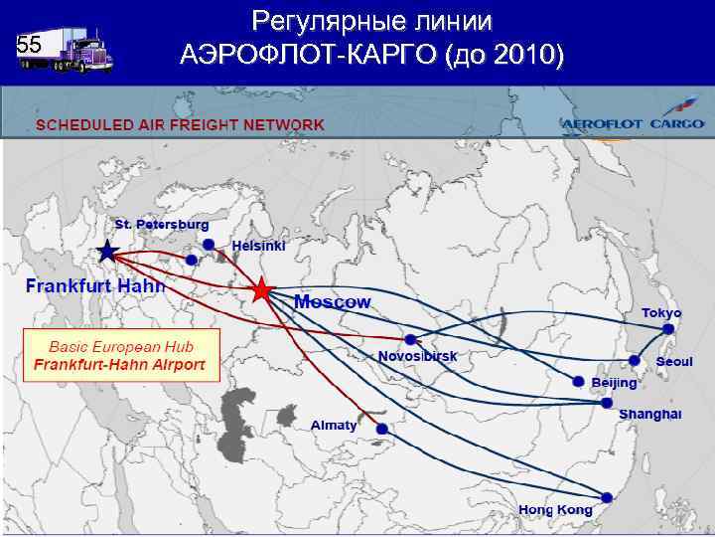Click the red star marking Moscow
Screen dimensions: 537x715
click(260, 290)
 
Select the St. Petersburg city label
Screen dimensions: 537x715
click(161, 225)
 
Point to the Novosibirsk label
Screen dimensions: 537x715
click(417, 355)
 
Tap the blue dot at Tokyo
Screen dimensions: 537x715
click(672, 328)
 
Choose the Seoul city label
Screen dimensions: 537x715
click(673, 362)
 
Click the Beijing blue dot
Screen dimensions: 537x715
click(579, 381)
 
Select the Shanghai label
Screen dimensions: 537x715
click(649, 414)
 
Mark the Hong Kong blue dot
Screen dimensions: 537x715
click(606, 496)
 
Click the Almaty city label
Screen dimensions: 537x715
click(334, 425)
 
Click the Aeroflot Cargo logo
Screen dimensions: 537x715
click(633, 122)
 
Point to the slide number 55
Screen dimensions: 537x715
click(29, 45)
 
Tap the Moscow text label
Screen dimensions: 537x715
click(333, 301)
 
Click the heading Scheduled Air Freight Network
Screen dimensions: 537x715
click(181, 124)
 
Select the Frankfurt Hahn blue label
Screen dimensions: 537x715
click(94, 285)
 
